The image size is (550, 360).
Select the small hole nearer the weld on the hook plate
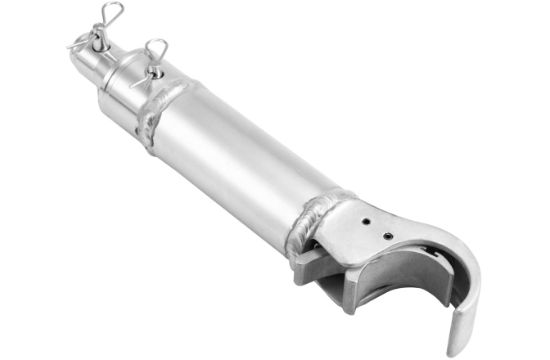click(366, 220)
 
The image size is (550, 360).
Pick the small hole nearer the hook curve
click(387, 236)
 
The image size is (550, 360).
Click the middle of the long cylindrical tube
click(237, 164)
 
